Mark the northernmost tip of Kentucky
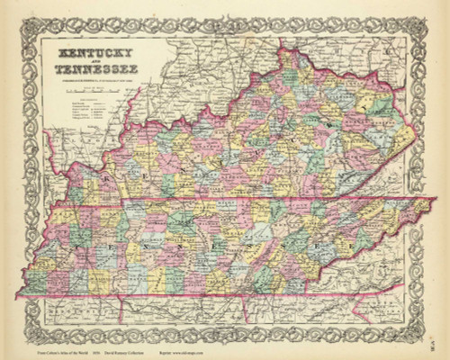[286, 49]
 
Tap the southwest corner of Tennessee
[20, 294]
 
